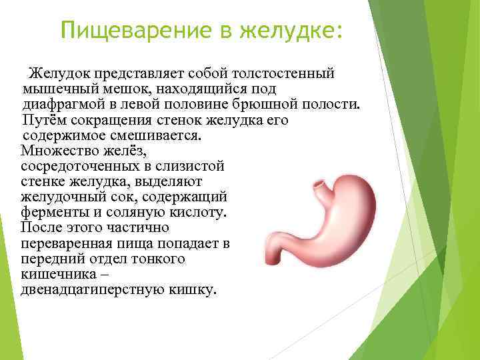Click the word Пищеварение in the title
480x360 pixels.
133,29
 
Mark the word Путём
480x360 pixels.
43,121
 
